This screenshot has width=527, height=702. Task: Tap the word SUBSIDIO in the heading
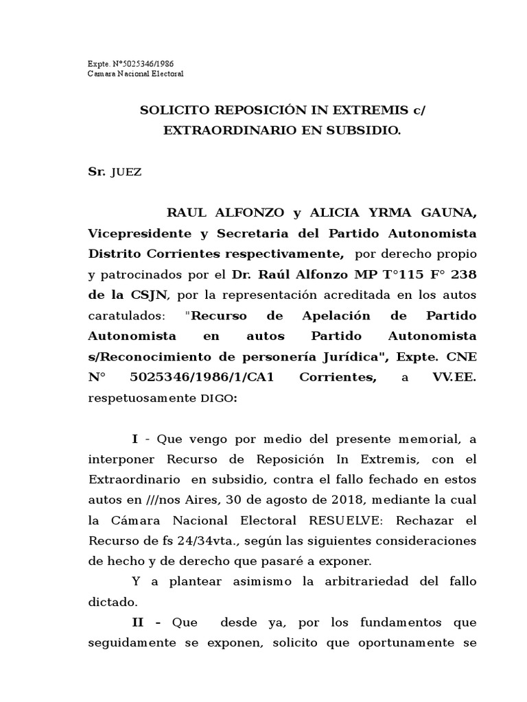[364, 130]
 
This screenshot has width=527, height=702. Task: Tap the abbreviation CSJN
[138, 295]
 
